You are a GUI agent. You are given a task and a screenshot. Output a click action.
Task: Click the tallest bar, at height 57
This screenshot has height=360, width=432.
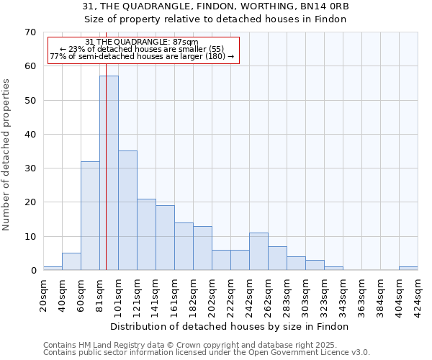click(x=109, y=173)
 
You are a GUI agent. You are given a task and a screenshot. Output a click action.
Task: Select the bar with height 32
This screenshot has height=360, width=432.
click(x=90, y=216)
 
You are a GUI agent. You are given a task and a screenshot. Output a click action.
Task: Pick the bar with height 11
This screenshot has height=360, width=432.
click(x=258, y=251)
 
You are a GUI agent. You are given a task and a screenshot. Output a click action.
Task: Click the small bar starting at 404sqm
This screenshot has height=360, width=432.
click(x=408, y=269)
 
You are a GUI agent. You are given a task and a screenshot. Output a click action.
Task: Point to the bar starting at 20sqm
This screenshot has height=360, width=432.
click(x=53, y=269)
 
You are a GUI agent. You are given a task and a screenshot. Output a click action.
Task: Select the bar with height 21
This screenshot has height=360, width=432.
click(x=146, y=235)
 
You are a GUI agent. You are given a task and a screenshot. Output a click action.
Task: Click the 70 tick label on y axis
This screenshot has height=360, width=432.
click(x=30, y=32)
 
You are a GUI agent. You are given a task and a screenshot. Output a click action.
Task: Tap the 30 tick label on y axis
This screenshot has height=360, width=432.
click(x=30, y=168)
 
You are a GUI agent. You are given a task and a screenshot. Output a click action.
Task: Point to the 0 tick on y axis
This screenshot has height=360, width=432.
click(x=33, y=271)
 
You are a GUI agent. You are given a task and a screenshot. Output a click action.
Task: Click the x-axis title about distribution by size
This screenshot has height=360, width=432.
click(x=230, y=326)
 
